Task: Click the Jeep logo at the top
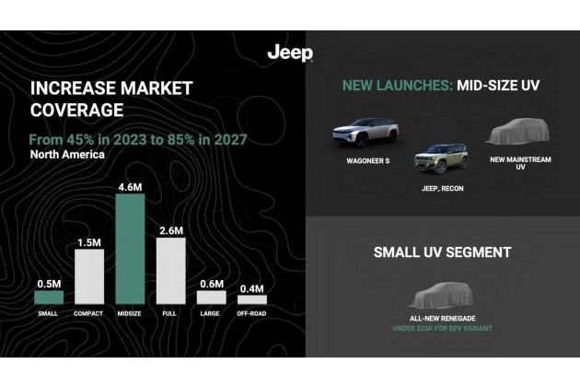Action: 289,53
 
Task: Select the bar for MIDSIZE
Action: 129,249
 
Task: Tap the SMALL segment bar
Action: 49,297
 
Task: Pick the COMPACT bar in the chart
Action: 89,276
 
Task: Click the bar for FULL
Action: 170,271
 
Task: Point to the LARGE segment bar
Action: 211,297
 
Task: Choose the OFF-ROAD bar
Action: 251,299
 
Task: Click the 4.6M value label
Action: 129,187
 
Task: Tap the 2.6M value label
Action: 170,230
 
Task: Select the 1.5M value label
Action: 89,242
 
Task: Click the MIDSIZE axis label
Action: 129,313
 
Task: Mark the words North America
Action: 66,155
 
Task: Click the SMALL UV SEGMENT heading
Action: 443,252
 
